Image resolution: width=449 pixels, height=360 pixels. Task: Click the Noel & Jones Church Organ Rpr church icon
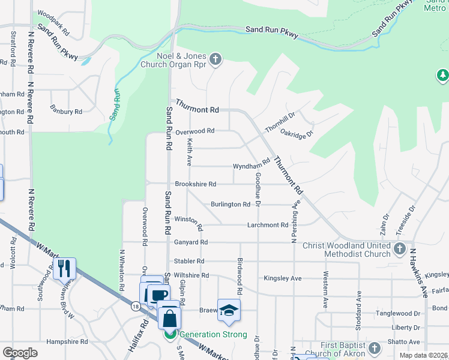pos(216,59)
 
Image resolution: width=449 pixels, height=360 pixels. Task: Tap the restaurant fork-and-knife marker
pos(65,268)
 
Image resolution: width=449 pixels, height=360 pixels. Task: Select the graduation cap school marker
pos(229,310)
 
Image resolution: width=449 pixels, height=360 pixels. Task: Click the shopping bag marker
pos(170,317)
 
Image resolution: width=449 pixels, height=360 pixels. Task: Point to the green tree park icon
pos(442,76)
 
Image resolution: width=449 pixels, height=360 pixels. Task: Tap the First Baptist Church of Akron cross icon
pos(374,348)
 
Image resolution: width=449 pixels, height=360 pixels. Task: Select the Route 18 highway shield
pos(136,306)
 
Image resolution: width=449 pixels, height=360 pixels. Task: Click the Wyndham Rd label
pos(252,166)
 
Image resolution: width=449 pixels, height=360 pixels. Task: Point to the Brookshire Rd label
pos(195,184)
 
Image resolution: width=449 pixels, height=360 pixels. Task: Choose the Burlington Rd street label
pos(231,205)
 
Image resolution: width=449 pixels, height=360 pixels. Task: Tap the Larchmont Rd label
pos(268,225)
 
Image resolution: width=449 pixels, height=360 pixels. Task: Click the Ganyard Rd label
pos(190,242)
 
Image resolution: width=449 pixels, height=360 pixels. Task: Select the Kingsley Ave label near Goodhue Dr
pos(282,278)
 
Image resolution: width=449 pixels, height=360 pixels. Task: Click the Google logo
pos(20,352)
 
